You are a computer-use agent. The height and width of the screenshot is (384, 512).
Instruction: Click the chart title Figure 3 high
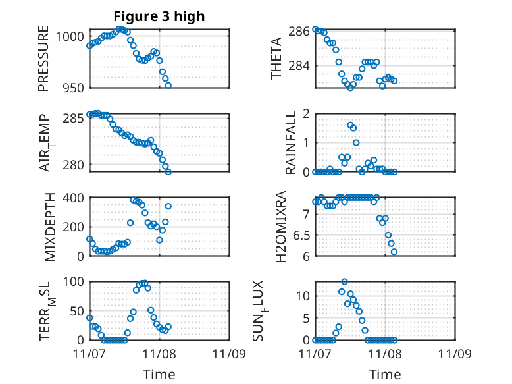coord(159,16)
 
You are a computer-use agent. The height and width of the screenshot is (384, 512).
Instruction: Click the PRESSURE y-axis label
coord(44,58)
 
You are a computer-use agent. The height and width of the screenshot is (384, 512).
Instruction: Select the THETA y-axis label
coord(277,58)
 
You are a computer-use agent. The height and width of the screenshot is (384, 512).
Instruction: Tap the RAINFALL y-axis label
coord(290,142)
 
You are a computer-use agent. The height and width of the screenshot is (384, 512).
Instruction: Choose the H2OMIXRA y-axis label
coord(280,227)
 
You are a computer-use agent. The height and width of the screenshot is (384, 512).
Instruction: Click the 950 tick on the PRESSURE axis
coord(72,88)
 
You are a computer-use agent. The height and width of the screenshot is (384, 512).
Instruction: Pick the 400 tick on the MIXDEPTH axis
coord(72,198)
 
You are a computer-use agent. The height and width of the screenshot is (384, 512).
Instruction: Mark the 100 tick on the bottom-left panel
coord(72,282)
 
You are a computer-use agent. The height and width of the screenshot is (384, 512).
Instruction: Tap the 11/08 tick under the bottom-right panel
coord(385,354)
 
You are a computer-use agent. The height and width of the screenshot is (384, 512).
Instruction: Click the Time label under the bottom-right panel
coord(385,375)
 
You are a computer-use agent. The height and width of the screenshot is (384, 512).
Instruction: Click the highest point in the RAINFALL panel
coord(350,124)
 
